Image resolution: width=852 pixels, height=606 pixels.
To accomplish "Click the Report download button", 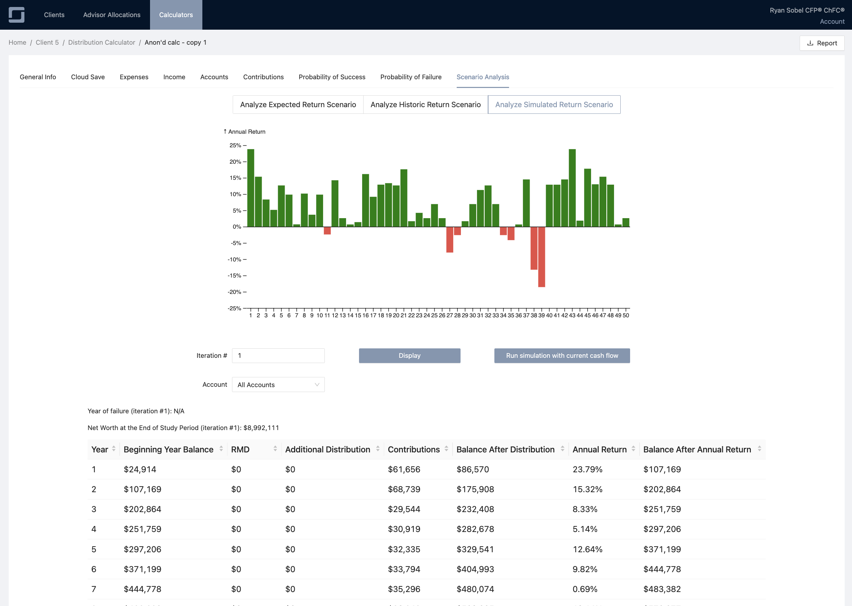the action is click(x=822, y=43).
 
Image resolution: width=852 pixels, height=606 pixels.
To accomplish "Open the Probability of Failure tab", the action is click(x=411, y=77).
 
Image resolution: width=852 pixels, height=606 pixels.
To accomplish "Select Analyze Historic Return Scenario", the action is click(x=425, y=104).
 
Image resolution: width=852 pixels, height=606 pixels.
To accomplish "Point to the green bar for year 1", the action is click(x=251, y=188).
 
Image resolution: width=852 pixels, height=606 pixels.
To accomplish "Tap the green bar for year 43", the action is click(x=572, y=188).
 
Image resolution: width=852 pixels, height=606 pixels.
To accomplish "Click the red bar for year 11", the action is click(x=327, y=231).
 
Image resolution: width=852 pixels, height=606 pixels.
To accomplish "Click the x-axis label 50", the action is click(x=626, y=315).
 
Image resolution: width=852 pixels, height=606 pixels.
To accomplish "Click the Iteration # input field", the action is click(x=278, y=356).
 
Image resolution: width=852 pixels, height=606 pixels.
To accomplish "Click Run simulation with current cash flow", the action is click(x=562, y=356).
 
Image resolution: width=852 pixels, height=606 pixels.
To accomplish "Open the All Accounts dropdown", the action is click(x=278, y=384).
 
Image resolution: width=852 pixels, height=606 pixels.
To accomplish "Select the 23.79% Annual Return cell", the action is click(x=587, y=469).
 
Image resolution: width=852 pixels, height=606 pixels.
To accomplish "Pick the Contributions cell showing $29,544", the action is click(x=404, y=509).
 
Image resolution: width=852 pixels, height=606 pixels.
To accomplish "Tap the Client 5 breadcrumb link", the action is click(x=47, y=43).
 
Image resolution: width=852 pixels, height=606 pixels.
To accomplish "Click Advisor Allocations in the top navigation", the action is click(x=112, y=15).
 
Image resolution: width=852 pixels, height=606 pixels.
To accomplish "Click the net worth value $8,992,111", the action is click(x=261, y=428).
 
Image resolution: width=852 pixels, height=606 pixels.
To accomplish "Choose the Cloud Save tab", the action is click(x=88, y=77).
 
